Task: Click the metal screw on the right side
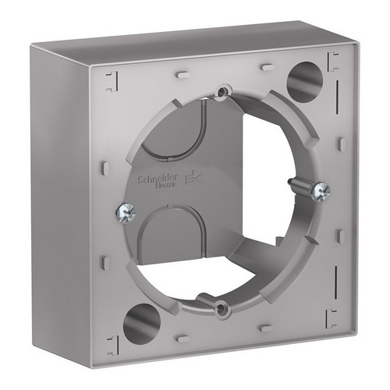click(321, 190)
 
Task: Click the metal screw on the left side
click(126, 212)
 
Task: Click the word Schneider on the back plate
click(158, 179)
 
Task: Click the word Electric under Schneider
click(166, 185)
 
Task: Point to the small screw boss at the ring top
click(222, 90)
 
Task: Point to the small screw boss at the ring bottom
click(221, 308)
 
